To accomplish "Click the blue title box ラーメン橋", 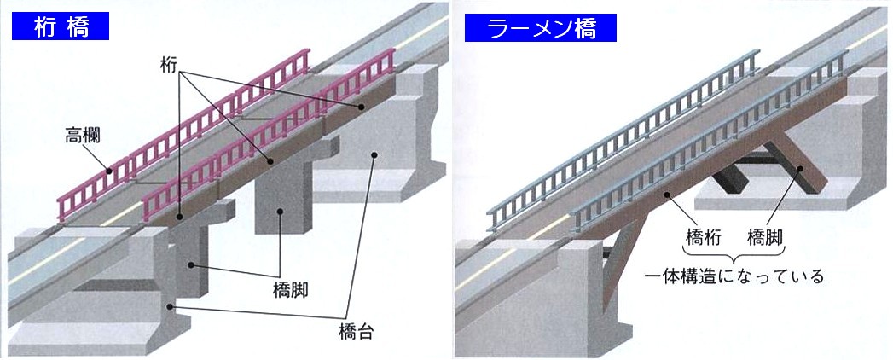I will click(x=541, y=28).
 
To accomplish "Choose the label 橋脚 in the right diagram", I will click(x=765, y=235).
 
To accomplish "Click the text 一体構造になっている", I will click(x=733, y=276).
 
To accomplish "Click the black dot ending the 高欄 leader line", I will click(x=110, y=171).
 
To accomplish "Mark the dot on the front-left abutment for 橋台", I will click(x=171, y=307).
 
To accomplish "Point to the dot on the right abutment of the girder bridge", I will click(x=374, y=154).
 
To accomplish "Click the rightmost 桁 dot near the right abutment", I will click(x=362, y=107).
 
